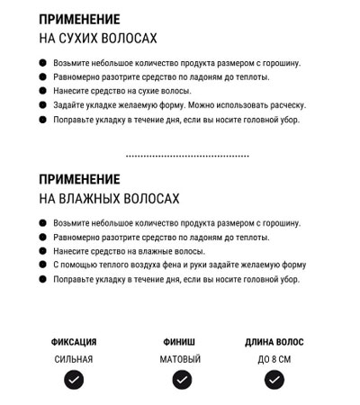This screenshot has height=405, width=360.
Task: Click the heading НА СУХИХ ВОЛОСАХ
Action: (98, 39)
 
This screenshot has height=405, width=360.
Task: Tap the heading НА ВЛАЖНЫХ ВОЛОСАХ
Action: (109, 198)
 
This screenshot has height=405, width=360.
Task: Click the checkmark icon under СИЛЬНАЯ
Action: (74, 380)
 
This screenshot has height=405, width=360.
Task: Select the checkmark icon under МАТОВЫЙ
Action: (180, 380)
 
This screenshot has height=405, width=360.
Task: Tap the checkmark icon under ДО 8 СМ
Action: (274, 380)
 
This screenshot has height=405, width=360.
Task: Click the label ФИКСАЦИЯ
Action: (74, 342)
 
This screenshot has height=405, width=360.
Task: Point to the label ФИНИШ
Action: (180, 342)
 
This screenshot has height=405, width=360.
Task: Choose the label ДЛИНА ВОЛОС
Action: (274, 342)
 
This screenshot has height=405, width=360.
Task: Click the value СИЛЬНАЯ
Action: (74, 359)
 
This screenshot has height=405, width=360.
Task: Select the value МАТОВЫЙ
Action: (180, 359)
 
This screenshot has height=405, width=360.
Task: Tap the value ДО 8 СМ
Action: (274, 359)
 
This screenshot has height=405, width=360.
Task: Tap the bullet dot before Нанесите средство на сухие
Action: (42, 91)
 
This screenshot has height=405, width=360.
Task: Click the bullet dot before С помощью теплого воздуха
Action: (42, 265)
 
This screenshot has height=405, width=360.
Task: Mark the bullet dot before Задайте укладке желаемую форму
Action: (42, 104)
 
